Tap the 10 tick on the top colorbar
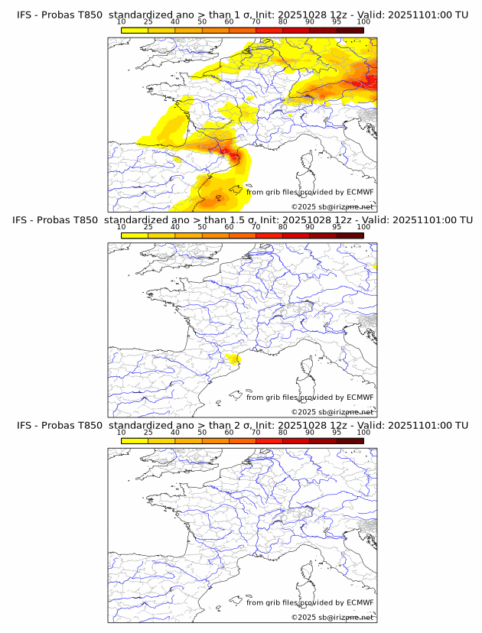(122, 23)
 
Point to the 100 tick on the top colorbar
(363, 23)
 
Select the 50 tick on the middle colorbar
(202, 227)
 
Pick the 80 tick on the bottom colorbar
(283, 433)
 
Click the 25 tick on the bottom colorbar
(148, 433)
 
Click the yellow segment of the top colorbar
(135, 30)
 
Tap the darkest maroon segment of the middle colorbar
(350, 235)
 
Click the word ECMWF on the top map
(360, 192)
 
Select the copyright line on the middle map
(333, 411)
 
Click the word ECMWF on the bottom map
(360, 602)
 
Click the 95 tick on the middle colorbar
(337, 227)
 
